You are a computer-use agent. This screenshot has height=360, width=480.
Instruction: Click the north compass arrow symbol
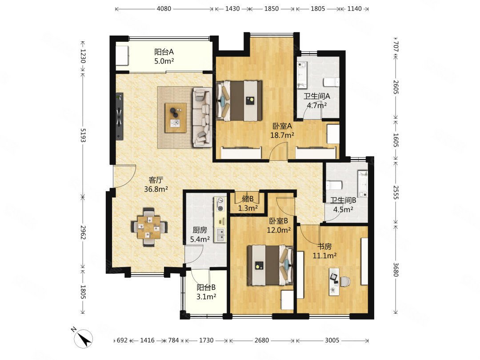pyautogui.click(x=83, y=338)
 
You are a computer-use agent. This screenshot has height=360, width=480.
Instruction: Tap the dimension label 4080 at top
pyautogui.click(x=164, y=8)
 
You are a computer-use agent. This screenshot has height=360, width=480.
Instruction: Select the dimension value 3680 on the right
pyautogui.click(x=396, y=269)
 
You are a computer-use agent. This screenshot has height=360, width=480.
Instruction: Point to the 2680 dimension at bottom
pyautogui.click(x=262, y=340)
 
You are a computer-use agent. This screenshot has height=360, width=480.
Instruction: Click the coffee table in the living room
pyautogui.click(x=176, y=118)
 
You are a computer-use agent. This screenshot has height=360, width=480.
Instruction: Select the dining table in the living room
pyautogui.click(x=149, y=228)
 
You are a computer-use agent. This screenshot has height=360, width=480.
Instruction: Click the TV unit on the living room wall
pyautogui.click(x=120, y=116)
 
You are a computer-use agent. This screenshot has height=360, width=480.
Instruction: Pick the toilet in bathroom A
pyautogui.click(x=332, y=82)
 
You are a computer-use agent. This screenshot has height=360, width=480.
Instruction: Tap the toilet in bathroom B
pyautogui.click(x=334, y=185)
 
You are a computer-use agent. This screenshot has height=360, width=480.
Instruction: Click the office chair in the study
pyautogui.click(x=345, y=282)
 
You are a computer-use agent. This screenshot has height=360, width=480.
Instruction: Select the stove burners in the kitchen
pyautogui.click(x=220, y=204)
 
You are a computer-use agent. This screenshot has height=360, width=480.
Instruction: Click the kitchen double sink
pyautogui.click(x=220, y=235)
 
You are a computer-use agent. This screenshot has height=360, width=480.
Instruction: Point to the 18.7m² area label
pyautogui.click(x=282, y=135)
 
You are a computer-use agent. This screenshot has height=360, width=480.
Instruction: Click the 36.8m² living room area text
pyautogui.click(x=156, y=189)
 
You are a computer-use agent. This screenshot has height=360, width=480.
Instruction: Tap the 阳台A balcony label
pyautogui.click(x=164, y=52)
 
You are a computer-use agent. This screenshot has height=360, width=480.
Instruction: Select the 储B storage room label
pyautogui.click(x=248, y=199)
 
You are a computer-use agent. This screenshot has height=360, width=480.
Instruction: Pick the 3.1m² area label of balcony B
pyautogui.click(x=206, y=296)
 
